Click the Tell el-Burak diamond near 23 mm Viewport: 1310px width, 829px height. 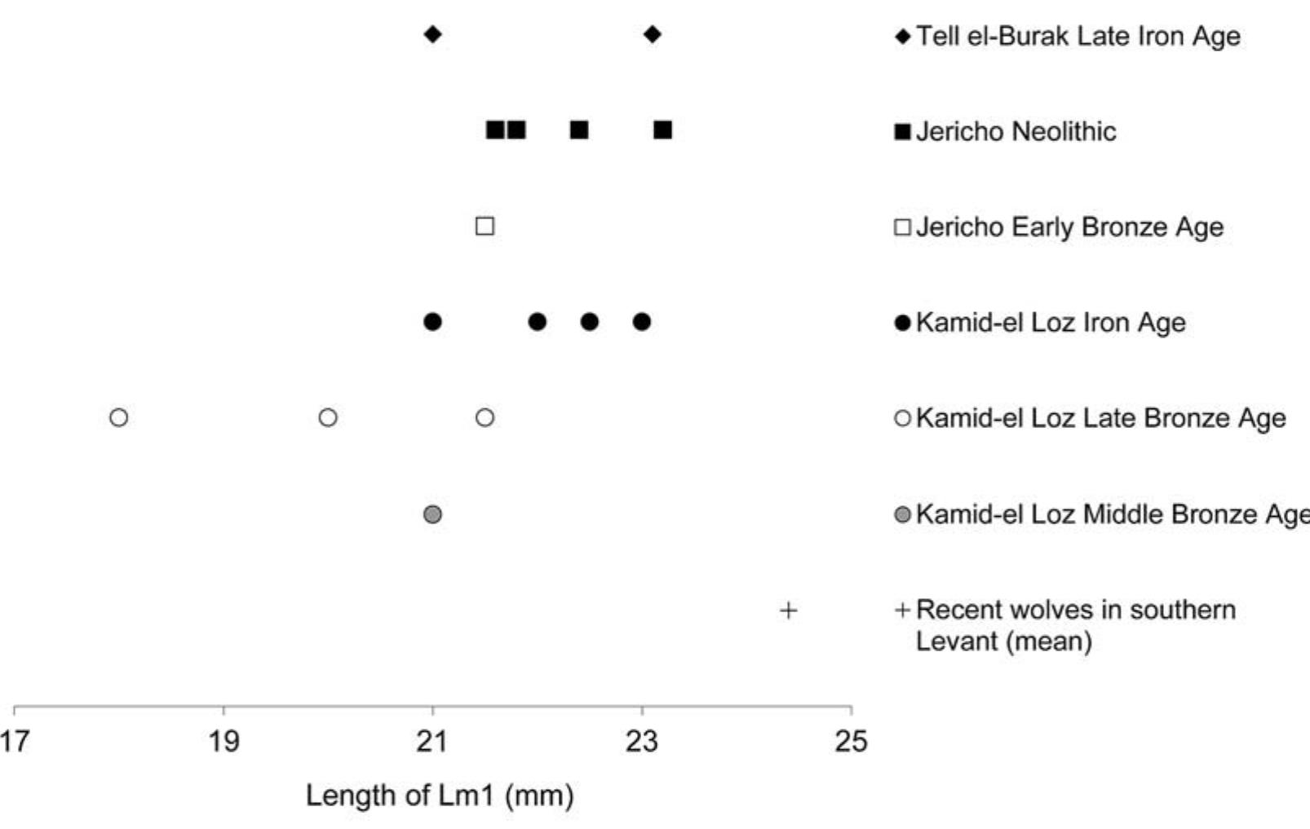pyautogui.click(x=652, y=34)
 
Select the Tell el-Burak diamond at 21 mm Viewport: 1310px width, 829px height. pyautogui.click(x=433, y=34)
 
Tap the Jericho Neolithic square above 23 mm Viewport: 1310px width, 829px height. pyautogui.click(x=662, y=130)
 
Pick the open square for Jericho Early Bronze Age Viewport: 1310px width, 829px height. pyautogui.click(x=485, y=226)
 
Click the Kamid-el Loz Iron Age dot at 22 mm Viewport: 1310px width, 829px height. pyautogui.click(x=537, y=322)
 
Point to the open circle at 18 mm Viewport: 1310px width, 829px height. pyautogui.click(x=118, y=417)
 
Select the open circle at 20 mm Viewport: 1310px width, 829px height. pyautogui.click(x=328, y=417)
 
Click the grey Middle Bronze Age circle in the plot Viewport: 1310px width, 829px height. pyautogui.click(x=433, y=514)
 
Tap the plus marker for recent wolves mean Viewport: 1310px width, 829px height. pyautogui.click(x=788, y=610)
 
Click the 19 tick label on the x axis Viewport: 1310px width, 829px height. pyautogui.click(x=223, y=741)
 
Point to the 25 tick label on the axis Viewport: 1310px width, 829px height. pyautogui.click(x=851, y=741)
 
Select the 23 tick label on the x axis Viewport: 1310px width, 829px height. pyautogui.click(x=642, y=741)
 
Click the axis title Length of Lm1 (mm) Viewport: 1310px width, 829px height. pyautogui.click(x=440, y=795)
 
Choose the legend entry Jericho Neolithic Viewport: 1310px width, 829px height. pyautogui.click(x=1016, y=131)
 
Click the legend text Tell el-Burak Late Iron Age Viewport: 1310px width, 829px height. pyautogui.click(x=1078, y=36)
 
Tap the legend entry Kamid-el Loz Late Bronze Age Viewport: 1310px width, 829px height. pyautogui.click(x=1100, y=418)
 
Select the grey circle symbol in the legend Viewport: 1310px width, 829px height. pyautogui.click(x=902, y=514)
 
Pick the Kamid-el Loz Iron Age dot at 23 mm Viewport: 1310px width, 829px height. pyautogui.click(x=642, y=322)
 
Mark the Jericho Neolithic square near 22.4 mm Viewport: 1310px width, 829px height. pyautogui.click(x=579, y=130)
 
